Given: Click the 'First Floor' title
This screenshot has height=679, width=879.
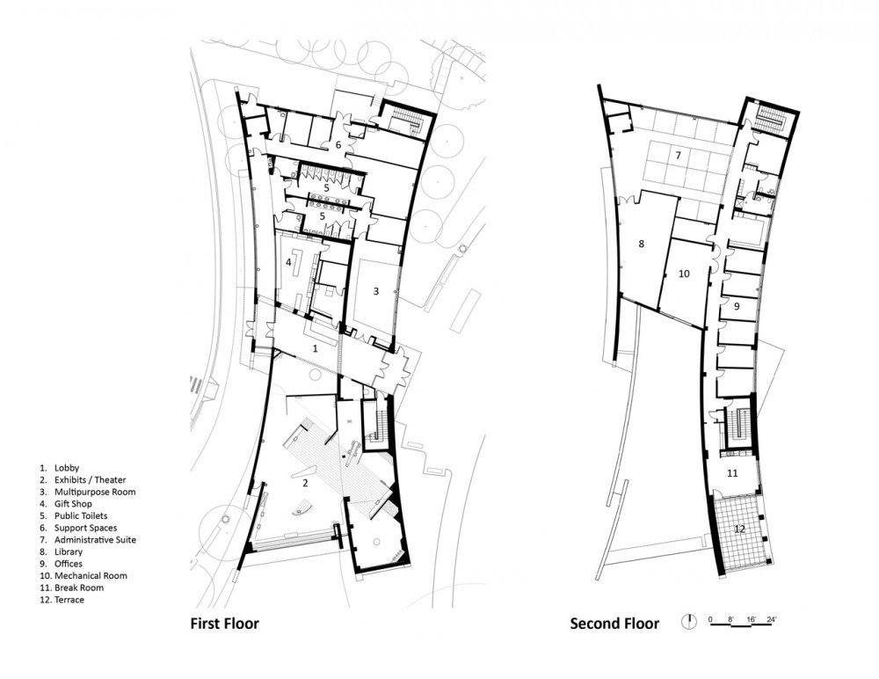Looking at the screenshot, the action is (x=225, y=623).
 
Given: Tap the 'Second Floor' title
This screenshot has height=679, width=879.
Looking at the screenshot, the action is (x=614, y=623).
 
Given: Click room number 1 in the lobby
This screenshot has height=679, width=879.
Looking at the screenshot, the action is (x=315, y=348).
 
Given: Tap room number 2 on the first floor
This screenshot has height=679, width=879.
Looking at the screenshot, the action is (x=306, y=483).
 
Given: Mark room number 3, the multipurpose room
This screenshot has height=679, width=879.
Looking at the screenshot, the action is (x=376, y=291).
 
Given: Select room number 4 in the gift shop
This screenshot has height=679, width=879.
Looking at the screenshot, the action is (x=288, y=262).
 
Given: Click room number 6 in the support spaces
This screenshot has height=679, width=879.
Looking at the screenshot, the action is (x=338, y=145).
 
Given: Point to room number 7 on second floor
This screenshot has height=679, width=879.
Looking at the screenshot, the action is (x=678, y=155).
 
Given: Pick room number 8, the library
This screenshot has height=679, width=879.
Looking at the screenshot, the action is (x=642, y=244).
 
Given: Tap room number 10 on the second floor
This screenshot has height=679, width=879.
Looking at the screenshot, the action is (x=684, y=274).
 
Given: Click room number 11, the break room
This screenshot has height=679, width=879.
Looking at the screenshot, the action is (x=732, y=473).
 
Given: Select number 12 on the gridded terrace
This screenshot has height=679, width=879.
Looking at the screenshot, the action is (x=740, y=529).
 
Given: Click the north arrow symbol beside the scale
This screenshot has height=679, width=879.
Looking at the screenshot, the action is (x=688, y=621).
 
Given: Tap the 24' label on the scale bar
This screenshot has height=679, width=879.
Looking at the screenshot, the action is (x=772, y=619).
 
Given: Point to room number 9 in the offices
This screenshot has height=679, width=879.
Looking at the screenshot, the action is (x=737, y=306).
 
